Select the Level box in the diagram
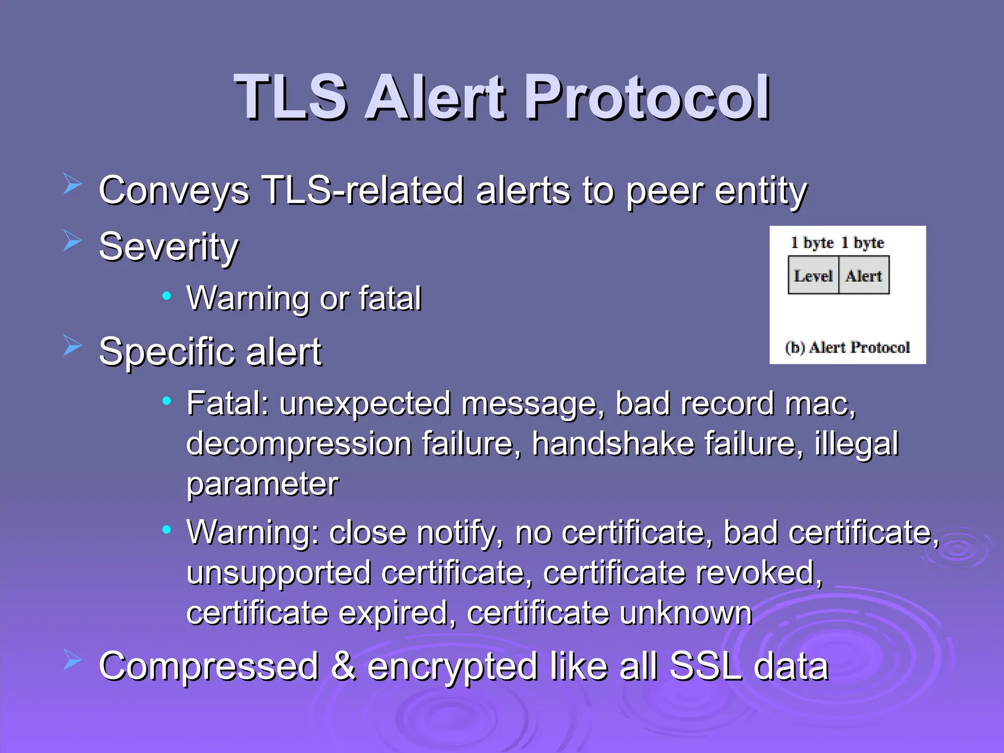point(813,276)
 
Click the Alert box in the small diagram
point(864,276)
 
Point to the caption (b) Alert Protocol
point(847,347)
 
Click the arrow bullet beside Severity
point(72,241)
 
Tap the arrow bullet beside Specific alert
point(72,346)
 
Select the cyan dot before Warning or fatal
point(167,296)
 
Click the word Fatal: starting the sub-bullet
point(228,404)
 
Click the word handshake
point(613,444)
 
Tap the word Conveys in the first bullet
point(174,191)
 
